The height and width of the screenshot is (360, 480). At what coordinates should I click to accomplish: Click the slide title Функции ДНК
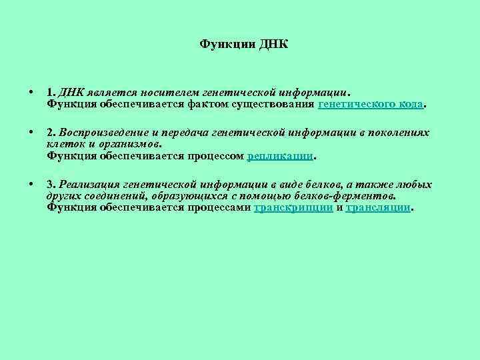[244, 45]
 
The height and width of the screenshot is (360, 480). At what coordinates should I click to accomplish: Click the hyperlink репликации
[279, 155]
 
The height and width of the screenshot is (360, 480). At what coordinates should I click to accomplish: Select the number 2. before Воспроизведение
[51, 133]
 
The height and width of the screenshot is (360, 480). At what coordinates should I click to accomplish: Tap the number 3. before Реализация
[51, 185]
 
